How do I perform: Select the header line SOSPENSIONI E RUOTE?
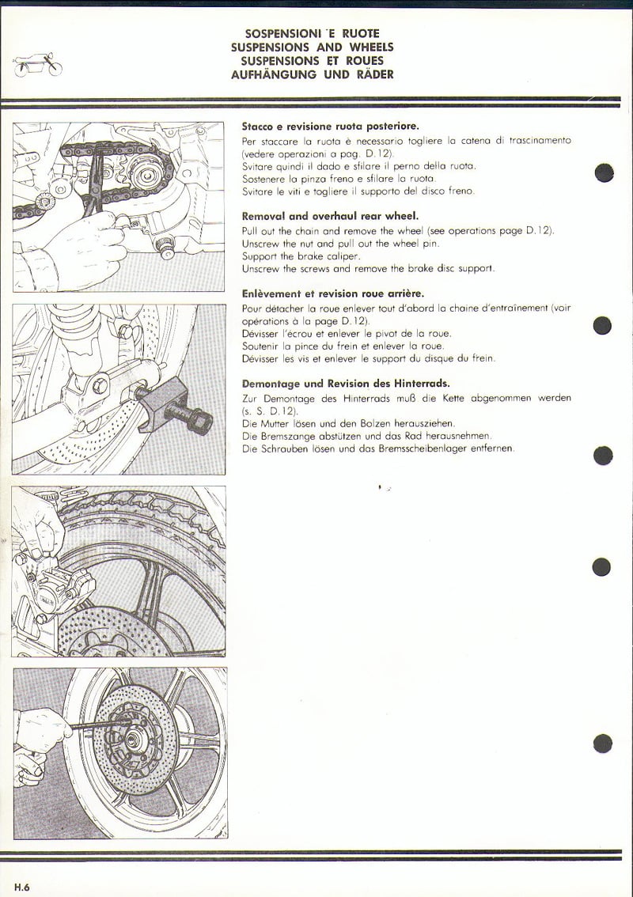click(x=312, y=33)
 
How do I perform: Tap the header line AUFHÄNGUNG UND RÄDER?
click(x=312, y=74)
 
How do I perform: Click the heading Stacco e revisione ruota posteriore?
click(x=330, y=126)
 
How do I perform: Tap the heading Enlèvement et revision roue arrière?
click(x=333, y=293)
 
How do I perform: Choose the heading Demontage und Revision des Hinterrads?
click(x=346, y=384)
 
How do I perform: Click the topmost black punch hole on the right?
click(x=604, y=172)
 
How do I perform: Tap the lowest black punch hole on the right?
click(x=603, y=744)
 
